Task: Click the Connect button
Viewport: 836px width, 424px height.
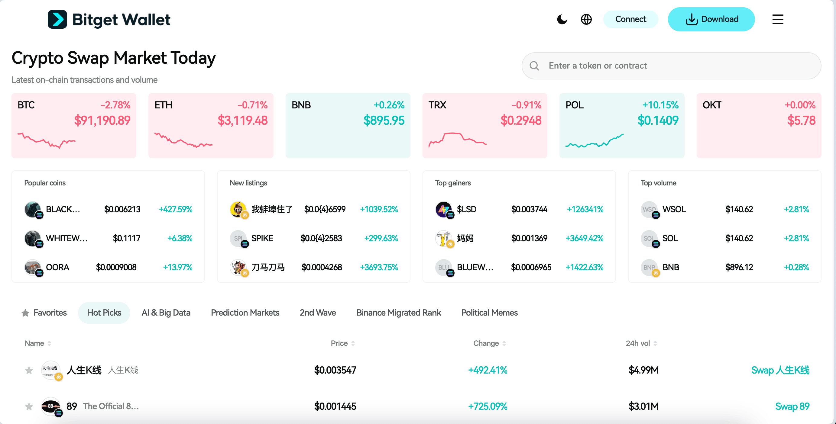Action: click(x=630, y=19)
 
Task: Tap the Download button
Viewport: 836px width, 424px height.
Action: click(x=711, y=19)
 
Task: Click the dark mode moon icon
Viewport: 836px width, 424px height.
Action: click(x=562, y=19)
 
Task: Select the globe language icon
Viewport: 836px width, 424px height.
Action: click(x=586, y=19)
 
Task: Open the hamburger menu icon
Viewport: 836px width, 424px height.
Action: click(x=778, y=19)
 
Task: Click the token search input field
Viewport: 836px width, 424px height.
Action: click(x=678, y=66)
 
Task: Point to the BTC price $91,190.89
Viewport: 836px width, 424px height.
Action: click(x=102, y=120)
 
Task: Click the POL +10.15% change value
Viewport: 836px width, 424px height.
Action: click(x=660, y=105)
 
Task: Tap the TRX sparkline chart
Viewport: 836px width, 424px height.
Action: click(x=457, y=140)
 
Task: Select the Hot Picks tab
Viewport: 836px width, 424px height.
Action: click(x=104, y=313)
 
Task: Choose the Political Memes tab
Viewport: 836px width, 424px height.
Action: click(x=489, y=313)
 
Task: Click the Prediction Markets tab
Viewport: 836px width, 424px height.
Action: click(x=245, y=313)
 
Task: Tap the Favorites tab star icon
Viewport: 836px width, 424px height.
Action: click(x=25, y=313)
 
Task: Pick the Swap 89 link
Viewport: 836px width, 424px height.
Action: click(x=792, y=406)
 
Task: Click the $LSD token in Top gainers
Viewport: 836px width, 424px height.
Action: click(x=466, y=209)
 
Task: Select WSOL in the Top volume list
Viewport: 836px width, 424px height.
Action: click(x=674, y=209)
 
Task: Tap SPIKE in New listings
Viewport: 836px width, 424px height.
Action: click(x=262, y=239)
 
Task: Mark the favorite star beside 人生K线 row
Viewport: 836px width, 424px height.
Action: click(x=29, y=370)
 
